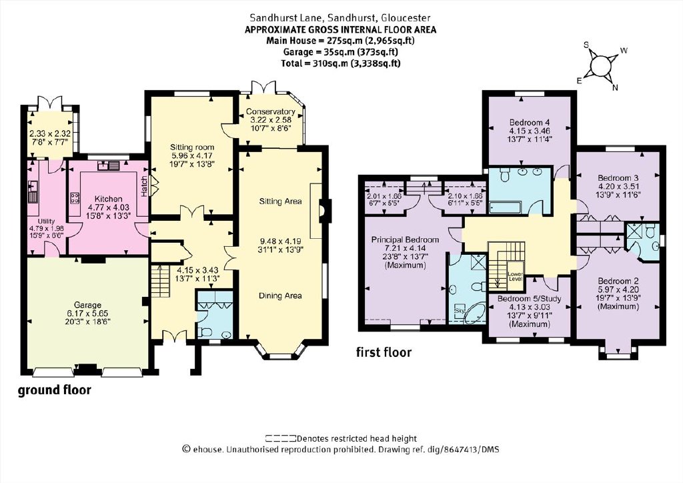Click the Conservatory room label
(270, 111)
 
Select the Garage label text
(87, 306)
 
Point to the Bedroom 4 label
(526, 122)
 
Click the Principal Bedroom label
(405, 239)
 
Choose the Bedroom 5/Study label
(529, 299)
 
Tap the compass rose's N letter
(615, 89)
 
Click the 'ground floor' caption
(55, 390)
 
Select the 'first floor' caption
(384, 352)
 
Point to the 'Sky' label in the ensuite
(460, 310)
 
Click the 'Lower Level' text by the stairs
(515, 276)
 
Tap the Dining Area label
(280, 296)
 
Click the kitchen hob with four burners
(74, 198)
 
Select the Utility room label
(46, 221)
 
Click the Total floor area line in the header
(341, 63)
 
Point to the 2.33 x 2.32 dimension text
(49, 134)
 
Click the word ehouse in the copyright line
(209, 450)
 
